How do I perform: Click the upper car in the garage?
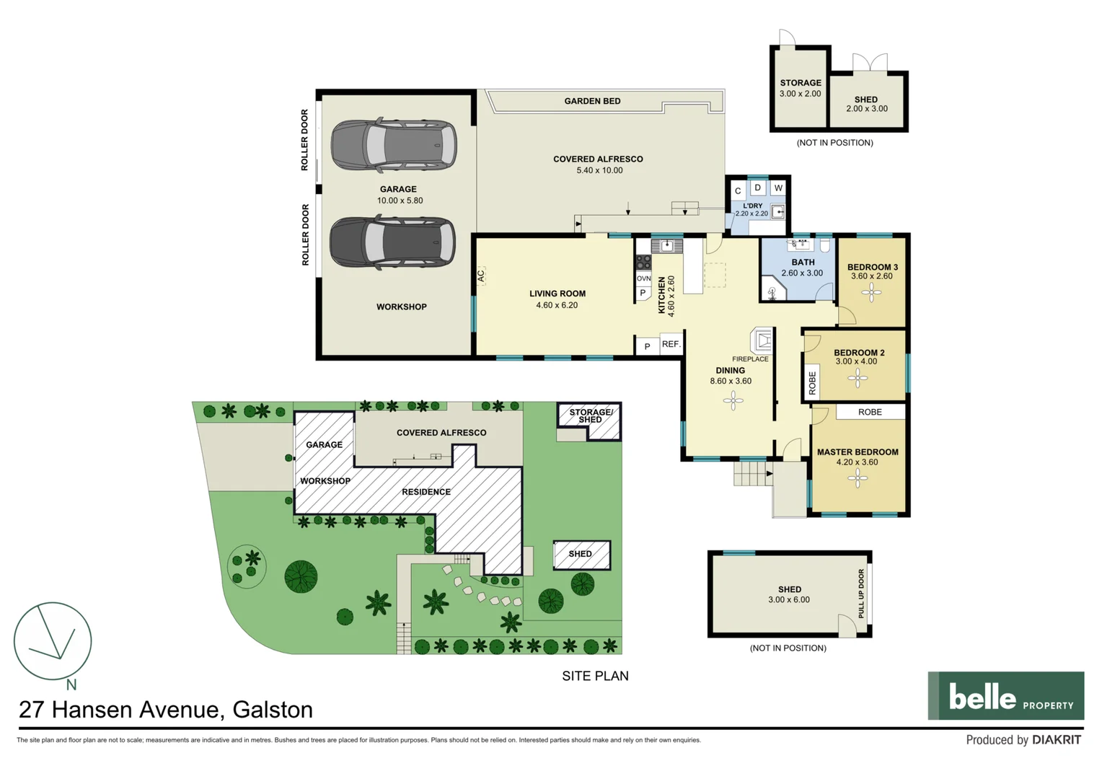393,146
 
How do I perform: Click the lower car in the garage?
392,243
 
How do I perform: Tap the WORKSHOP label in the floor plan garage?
401,307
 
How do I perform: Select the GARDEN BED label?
592,101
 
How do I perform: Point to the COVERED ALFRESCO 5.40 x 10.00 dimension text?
599,170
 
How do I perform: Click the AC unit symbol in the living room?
480,276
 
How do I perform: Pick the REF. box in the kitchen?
671,345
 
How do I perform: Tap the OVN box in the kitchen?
643,278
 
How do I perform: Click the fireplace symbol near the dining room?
762,339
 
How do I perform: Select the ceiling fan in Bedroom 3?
871,292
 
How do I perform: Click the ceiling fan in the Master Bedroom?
858,477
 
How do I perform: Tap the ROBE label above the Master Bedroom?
870,412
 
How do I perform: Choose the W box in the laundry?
778,188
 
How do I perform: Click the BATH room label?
803,263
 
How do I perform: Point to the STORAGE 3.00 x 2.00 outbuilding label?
800,88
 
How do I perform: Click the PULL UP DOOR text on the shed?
861,594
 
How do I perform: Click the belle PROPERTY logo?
1005,696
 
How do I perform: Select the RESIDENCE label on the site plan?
426,492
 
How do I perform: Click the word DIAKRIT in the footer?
1057,740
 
